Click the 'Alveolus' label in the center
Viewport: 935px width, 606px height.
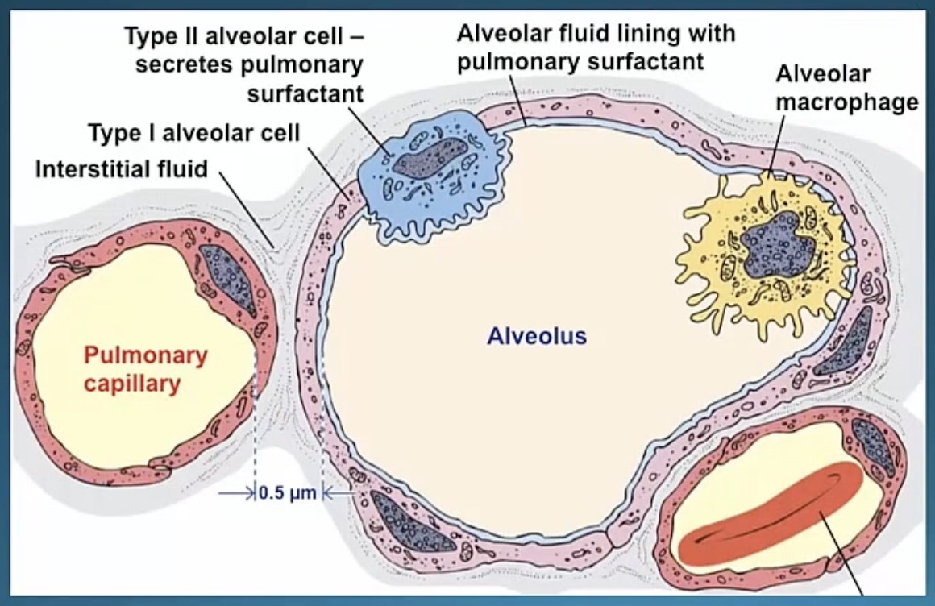tap(536, 335)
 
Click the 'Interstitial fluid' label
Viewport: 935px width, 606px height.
tap(122, 169)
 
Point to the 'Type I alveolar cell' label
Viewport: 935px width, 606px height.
tap(193, 133)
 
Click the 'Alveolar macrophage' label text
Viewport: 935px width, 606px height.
tap(846, 89)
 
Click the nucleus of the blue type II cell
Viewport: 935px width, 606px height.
tap(429, 157)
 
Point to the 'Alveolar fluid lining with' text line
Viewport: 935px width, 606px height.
tap(596, 34)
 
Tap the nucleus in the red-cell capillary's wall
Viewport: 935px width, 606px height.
tap(873, 448)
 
